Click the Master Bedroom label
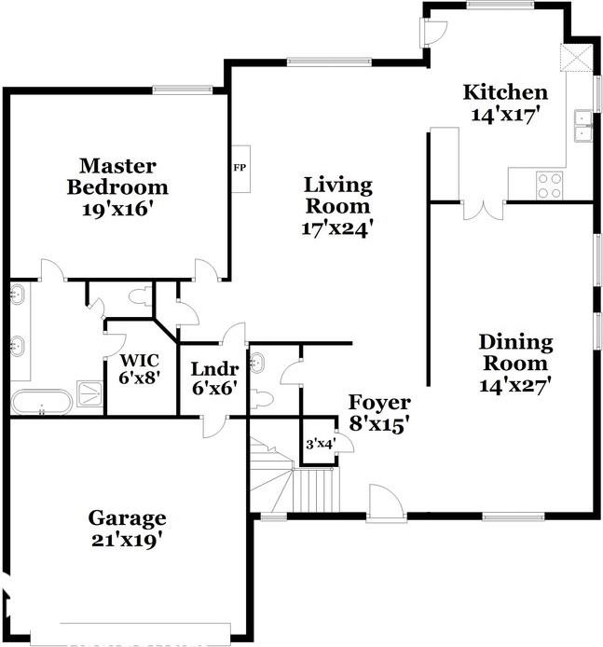pyautogui.click(x=116, y=176)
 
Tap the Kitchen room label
pyautogui.click(x=506, y=92)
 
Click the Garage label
pyautogui.click(x=127, y=517)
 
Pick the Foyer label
pyautogui.click(x=379, y=403)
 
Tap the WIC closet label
pyautogui.click(x=139, y=361)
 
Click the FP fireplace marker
pyautogui.click(x=239, y=169)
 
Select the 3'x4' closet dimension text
pyautogui.click(x=320, y=445)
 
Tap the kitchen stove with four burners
pyautogui.click(x=550, y=185)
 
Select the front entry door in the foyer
pyautogui.click(x=384, y=504)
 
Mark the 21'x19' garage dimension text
pyautogui.click(x=127, y=538)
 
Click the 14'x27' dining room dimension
pyautogui.click(x=516, y=382)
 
